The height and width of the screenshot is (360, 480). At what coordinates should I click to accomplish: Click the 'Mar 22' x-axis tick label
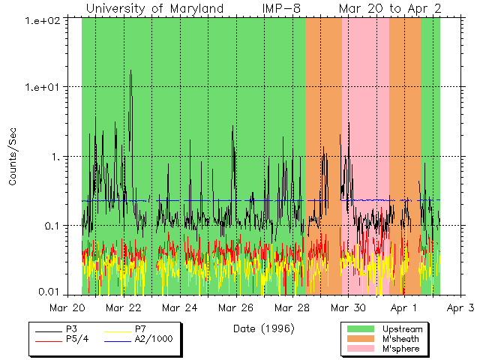point(124,307)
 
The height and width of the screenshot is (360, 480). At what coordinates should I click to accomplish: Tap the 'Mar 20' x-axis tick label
point(68,307)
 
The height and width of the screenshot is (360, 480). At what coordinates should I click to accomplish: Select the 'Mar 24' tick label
point(180,307)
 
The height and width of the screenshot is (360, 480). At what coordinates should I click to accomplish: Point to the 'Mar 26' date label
point(236,307)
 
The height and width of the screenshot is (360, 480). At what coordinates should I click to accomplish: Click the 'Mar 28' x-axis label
point(292,307)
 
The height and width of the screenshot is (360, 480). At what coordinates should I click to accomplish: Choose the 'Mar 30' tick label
point(349,307)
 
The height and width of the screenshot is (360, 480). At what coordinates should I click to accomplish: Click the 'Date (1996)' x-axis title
point(263,328)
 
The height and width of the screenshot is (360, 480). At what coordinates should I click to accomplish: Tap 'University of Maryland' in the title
point(154,8)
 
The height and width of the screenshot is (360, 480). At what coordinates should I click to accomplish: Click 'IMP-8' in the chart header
point(280,8)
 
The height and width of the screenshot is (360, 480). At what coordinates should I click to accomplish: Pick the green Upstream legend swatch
point(360,329)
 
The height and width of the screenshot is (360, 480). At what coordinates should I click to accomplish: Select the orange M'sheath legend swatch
point(360,339)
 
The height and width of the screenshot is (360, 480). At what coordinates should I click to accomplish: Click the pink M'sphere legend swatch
point(360,349)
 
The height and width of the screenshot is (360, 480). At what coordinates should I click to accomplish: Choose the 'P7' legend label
point(140,329)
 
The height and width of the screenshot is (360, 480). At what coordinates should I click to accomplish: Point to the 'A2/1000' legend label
point(152,339)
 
